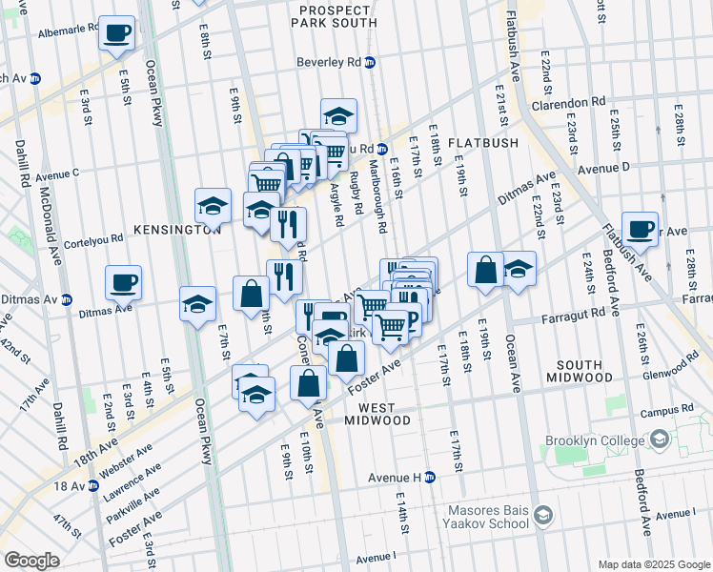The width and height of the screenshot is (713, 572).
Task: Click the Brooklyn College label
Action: pos(596,441)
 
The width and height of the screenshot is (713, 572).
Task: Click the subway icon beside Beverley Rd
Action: pos(370,63)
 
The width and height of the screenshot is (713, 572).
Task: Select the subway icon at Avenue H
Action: pos(429,477)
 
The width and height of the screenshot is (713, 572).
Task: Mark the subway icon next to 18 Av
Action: pos(92,485)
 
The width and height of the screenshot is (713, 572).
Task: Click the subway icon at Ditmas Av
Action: pos(66,298)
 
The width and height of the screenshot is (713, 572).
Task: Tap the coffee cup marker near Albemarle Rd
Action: pos(117,31)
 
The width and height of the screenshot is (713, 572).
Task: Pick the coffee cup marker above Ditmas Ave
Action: pos(123,282)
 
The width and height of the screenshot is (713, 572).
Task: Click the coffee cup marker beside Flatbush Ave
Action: pos(640,228)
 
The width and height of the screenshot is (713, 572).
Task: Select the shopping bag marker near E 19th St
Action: pos(485,269)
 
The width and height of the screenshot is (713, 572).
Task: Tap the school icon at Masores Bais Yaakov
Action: pos(542,516)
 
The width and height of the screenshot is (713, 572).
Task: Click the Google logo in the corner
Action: pos(31,560)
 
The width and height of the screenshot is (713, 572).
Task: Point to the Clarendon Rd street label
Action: pos(569,102)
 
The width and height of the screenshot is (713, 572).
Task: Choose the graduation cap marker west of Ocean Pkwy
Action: pos(197,304)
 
